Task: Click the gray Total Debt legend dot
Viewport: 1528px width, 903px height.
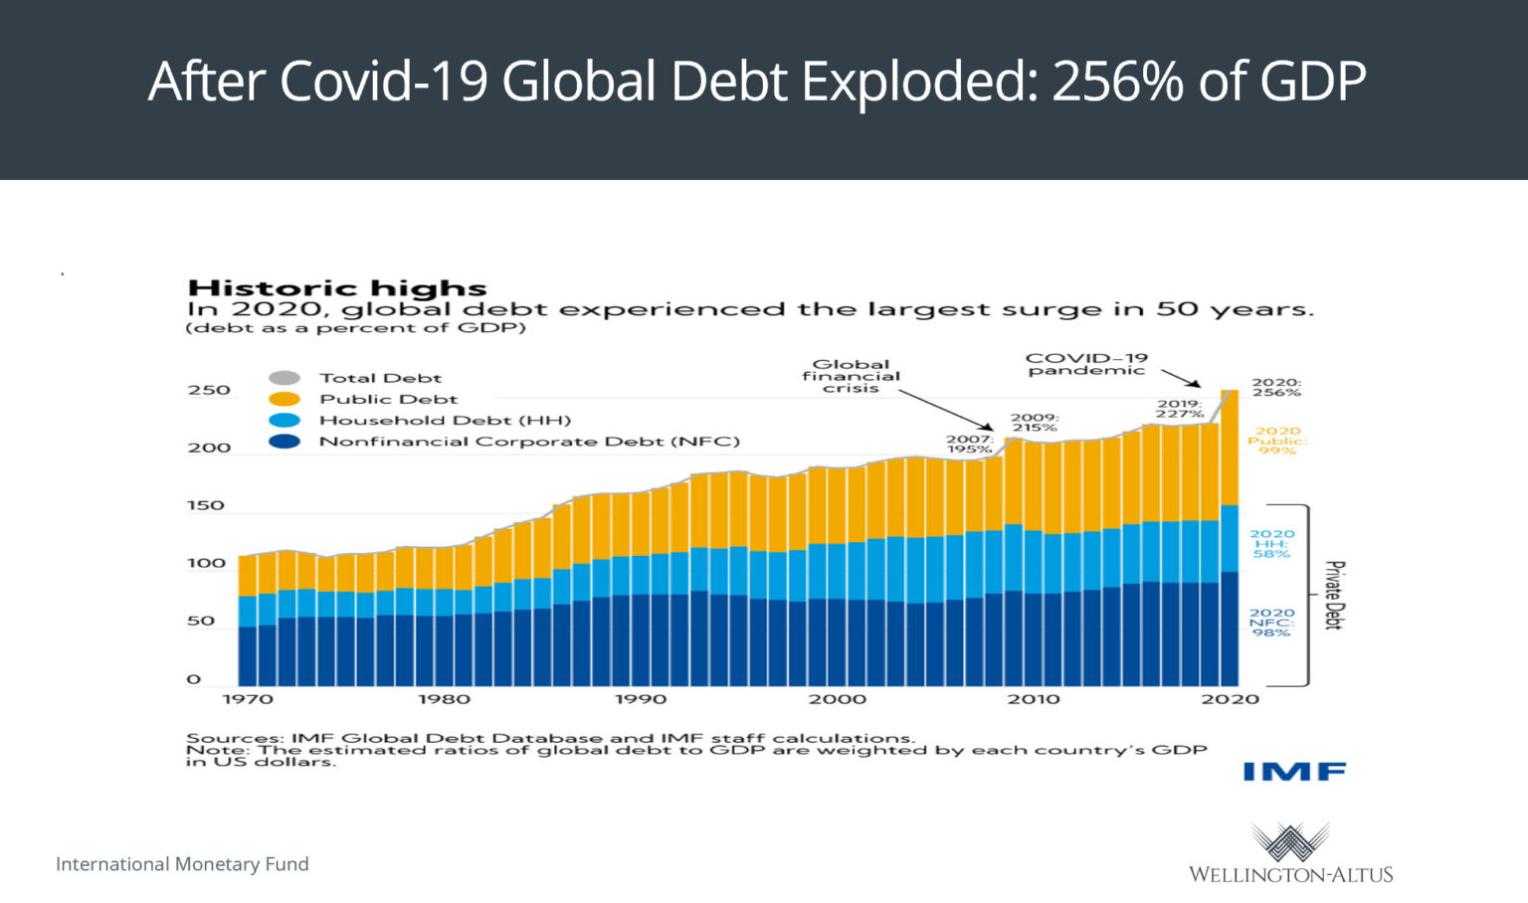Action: (285, 378)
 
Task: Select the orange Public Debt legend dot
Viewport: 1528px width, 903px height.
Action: (285, 399)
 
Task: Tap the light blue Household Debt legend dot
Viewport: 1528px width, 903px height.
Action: (285, 421)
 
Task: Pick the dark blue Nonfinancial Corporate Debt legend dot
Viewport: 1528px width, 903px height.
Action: (285, 442)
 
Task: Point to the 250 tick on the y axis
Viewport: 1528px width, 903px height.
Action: (209, 390)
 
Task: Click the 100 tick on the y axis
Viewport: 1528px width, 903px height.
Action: (207, 563)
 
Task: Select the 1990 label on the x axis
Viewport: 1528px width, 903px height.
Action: (641, 699)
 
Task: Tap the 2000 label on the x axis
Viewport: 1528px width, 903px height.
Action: (837, 699)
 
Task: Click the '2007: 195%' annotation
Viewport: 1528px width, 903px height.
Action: (969, 444)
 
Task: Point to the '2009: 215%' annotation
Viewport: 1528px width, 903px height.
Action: (1035, 423)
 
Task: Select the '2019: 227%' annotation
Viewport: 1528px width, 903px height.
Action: (1180, 409)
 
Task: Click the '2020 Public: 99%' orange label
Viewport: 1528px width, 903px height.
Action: (1277, 441)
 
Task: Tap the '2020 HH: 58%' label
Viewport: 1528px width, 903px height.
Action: (1272, 544)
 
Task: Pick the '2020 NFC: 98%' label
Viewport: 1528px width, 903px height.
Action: (1271, 623)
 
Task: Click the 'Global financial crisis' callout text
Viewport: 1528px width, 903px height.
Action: (851, 376)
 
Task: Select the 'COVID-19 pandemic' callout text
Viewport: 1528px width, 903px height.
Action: (1086, 364)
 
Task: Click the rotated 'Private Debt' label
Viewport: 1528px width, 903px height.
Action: (1335, 595)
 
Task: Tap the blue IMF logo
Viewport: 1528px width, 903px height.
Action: (1294, 772)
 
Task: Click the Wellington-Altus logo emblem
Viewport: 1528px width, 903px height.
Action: (1290, 842)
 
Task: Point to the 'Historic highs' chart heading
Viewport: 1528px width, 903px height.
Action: (337, 288)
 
